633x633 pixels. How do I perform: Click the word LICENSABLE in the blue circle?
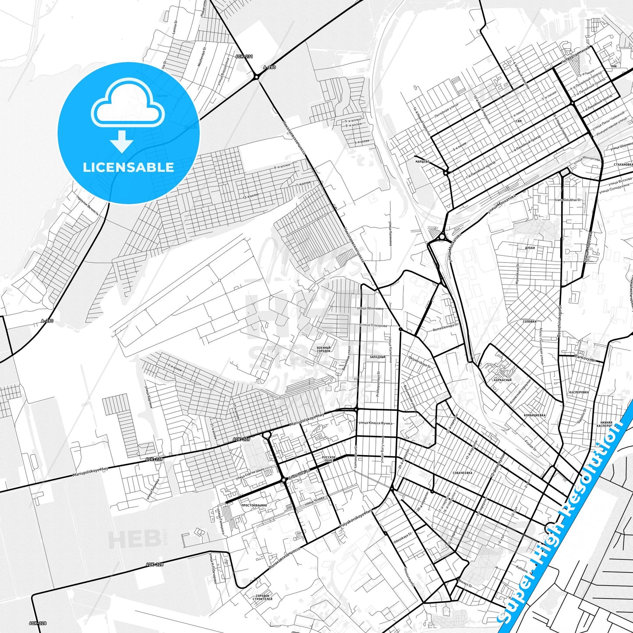tap(128, 167)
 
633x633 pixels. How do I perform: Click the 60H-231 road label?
tap(244, 57)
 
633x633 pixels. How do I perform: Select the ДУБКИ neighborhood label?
tap(530, 248)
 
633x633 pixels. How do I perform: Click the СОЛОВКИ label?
tap(530, 322)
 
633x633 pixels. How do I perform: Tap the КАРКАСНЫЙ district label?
tap(502, 380)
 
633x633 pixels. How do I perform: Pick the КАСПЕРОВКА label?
tap(579, 393)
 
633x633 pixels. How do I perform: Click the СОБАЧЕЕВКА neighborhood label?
tap(463, 473)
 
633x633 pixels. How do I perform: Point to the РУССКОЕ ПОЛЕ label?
tap(329, 459)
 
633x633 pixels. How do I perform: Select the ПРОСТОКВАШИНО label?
tap(254, 505)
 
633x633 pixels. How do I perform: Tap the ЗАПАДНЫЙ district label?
tap(377, 357)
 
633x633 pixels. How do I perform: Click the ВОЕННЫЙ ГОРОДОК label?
tap(324, 349)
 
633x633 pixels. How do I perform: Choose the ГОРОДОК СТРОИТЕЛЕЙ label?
tap(263, 597)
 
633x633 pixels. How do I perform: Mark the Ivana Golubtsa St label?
tap(568, 200)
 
